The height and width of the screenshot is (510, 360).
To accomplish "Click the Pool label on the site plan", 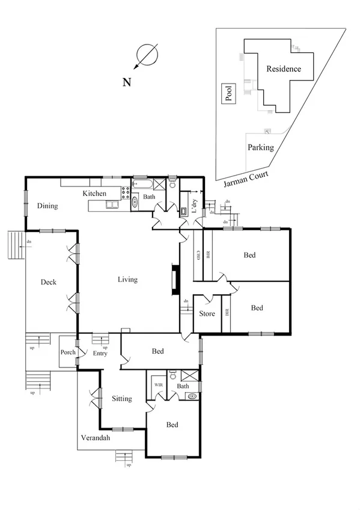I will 228,94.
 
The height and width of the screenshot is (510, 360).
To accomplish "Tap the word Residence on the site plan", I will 284,69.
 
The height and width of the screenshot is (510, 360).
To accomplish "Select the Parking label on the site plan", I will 261,147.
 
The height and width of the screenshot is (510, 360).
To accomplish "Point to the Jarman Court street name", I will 245,176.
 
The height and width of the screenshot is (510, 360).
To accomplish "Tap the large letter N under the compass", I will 127,83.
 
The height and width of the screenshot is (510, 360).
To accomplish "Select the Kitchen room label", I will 94,194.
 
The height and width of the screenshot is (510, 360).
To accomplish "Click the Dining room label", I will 47,206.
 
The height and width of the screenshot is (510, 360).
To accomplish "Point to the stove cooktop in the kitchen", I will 126,193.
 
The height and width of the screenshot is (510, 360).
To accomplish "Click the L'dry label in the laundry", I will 194,202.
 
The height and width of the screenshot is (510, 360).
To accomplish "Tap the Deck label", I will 49,282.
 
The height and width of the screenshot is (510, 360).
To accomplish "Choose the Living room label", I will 127,280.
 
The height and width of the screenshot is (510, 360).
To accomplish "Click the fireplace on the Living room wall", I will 174,280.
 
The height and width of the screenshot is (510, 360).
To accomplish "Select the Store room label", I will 207,314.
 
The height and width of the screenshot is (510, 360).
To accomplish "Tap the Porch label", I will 68,352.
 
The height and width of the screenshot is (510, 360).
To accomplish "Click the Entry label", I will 100,354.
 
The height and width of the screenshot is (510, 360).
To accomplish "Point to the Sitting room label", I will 121,399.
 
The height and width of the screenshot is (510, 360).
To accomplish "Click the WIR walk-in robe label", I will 159,385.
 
